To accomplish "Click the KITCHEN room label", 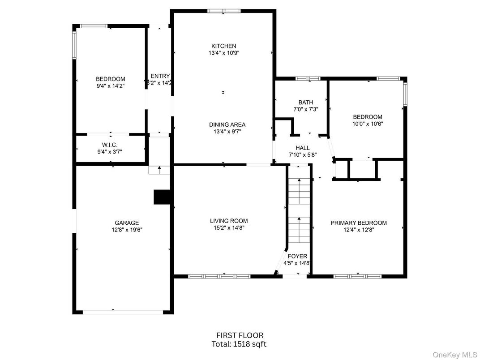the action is [x=224, y=46].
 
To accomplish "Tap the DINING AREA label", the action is [x=227, y=124].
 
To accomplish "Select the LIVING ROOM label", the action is [x=229, y=221].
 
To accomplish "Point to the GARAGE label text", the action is [x=127, y=223].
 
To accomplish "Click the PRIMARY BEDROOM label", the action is [x=359, y=223].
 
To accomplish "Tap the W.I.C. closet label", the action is [x=110, y=145].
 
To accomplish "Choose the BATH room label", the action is [x=306, y=102].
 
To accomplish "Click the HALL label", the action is [x=302, y=148].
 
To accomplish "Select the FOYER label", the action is [x=297, y=256].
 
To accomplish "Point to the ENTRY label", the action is [x=160, y=76].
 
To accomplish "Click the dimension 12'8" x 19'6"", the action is [x=127, y=230].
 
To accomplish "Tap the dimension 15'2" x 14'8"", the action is [x=229, y=228].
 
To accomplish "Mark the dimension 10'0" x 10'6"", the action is [x=367, y=124].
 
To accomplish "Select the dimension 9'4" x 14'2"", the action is [x=111, y=86].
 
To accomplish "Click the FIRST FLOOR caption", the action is [x=240, y=335].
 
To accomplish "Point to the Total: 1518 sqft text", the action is [x=239, y=344].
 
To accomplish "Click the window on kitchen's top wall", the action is [x=224, y=11].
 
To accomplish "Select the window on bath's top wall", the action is [x=308, y=79].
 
